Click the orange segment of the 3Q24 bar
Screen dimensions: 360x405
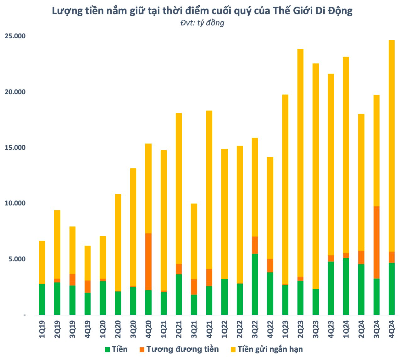coord(376,242)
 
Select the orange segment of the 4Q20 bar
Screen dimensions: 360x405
coord(148,262)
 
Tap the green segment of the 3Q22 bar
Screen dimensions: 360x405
coord(255,284)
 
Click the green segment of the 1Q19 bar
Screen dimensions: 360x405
coord(42,299)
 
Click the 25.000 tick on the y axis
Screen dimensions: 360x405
coord(15,36)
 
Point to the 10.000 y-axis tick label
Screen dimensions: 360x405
coord(15,203)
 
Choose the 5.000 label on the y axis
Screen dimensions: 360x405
coord(17,259)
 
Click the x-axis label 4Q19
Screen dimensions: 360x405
coord(88,329)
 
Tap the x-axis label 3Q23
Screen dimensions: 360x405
coord(316,329)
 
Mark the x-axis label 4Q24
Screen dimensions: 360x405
coord(392,329)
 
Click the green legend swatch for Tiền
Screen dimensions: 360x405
coord(108,349)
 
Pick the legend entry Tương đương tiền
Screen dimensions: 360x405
coord(182,349)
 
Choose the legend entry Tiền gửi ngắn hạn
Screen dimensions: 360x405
coord(270,349)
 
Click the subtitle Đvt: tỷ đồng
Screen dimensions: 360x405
coord(202,23)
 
